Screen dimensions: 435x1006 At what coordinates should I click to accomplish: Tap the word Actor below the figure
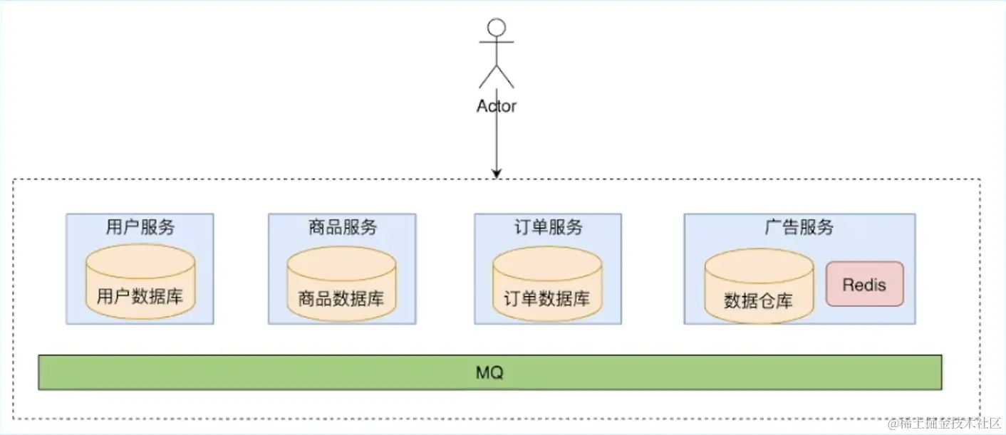[x=496, y=106]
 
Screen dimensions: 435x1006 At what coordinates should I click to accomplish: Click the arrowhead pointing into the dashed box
[x=497, y=173]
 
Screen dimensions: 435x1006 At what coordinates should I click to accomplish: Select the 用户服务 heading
[x=140, y=227]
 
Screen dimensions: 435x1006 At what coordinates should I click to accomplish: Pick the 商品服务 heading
[x=342, y=227]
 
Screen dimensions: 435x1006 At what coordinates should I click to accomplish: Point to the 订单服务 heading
[x=548, y=227]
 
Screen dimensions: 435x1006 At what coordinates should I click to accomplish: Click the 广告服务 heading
[x=799, y=227]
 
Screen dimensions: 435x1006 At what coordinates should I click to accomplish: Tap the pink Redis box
[x=864, y=284]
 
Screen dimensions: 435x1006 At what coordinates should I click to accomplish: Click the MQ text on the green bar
[x=489, y=372]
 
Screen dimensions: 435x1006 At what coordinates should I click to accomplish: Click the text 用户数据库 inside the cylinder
[x=140, y=296]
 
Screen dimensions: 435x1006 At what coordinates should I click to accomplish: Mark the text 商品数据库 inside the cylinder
[x=342, y=298]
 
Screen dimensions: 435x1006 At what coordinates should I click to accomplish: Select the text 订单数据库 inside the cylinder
[x=547, y=298]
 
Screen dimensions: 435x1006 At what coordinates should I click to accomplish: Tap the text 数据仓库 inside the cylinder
[x=759, y=300]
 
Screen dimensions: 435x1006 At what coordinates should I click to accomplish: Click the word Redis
[x=864, y=285]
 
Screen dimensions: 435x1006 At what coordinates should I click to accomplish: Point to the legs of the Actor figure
[x=496, y=75]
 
